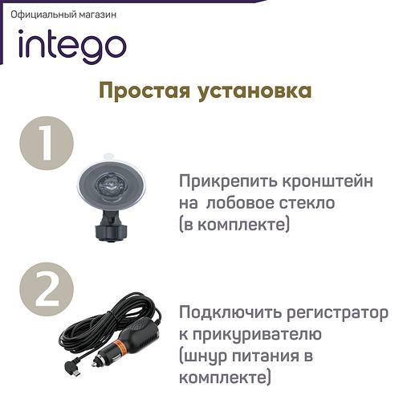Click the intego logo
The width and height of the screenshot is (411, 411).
(71, 47)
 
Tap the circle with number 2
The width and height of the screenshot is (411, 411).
(47, 288)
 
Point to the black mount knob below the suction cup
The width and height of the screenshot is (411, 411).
(107, 231)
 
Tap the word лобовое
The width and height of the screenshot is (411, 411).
(240, 204)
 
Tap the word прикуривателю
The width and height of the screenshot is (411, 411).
(257, 333)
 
